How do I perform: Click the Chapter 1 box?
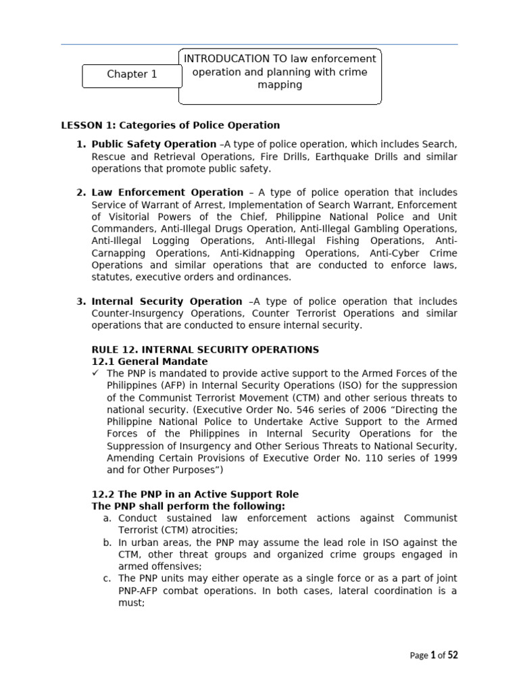[x=132, y=75]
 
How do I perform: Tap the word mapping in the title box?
[x=280, y=86]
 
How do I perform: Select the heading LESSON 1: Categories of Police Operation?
[x=170, y=125]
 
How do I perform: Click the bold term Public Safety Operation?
[x=154, y=144]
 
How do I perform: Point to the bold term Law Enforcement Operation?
[x=168, y=193]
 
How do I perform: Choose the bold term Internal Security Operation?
[x=167, y=301]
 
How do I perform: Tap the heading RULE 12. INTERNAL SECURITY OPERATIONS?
[x=205, y=349]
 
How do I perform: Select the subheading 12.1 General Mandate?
[x=149, y=362]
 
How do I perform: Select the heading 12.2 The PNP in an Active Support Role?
[x=195, y=494]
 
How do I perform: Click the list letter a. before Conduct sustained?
[x=107, y=518]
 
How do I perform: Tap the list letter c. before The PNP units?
[x=107, y=578]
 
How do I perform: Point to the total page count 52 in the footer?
[x=451, y=655]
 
